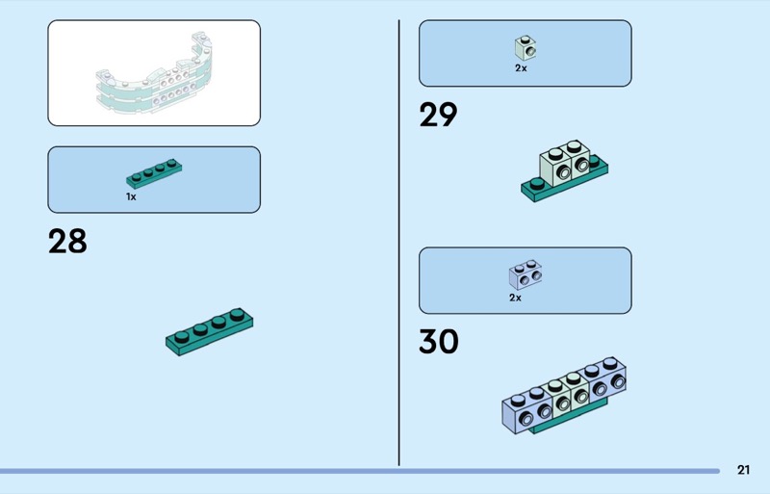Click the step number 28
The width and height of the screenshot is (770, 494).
[67, 242]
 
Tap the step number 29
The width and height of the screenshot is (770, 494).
[438, 116]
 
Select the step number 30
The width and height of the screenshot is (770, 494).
[439, 342]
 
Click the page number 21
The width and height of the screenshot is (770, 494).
[743, 470]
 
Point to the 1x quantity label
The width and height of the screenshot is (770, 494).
[131, 196]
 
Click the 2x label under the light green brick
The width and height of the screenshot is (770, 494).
[521, 68]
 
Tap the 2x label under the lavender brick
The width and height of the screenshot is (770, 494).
[515, 298]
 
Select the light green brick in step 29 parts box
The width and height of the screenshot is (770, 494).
[525, 46]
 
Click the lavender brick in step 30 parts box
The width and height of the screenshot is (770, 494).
[524, 275]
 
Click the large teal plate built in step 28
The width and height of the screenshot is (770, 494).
[210, 331]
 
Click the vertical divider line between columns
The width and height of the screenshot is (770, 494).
[398, 241]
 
